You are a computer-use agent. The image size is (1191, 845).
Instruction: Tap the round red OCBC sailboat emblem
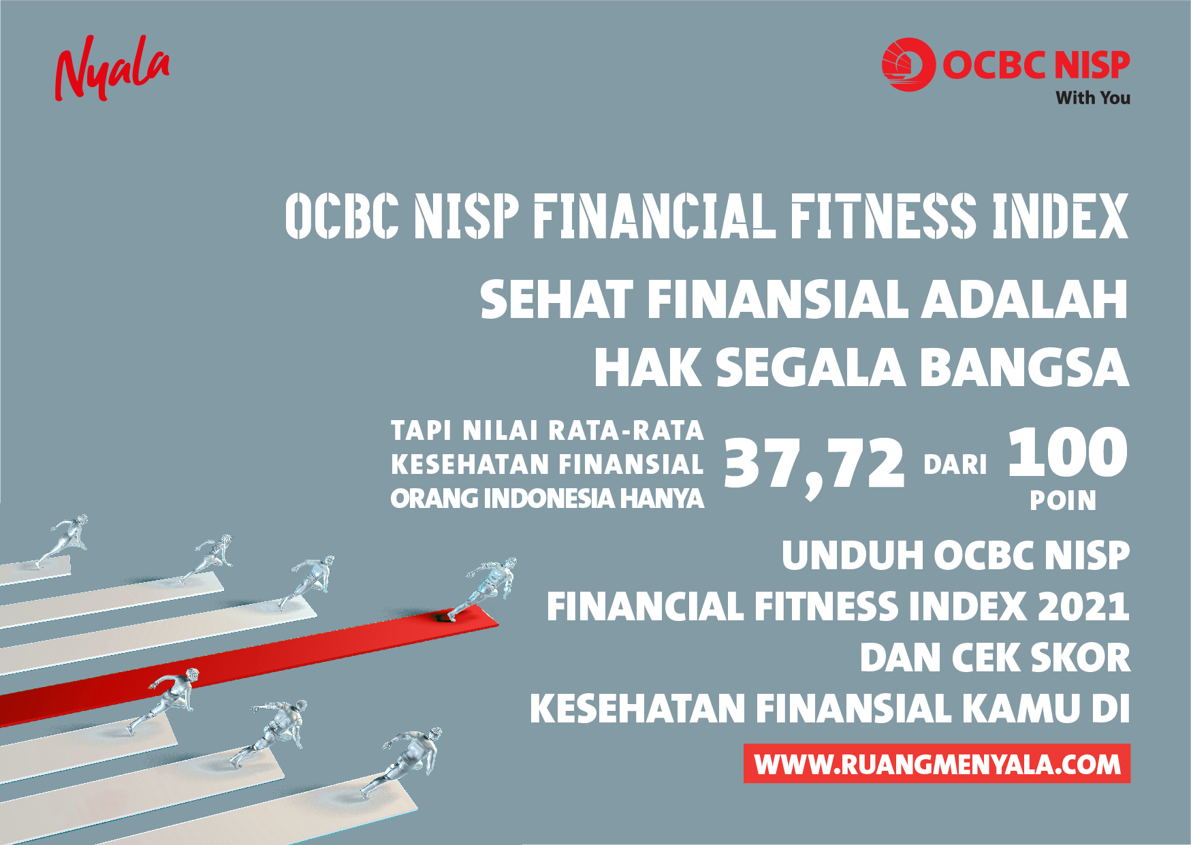click(x=908, y=65)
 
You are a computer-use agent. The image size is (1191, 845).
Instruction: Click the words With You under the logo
click(x=1093, y=98)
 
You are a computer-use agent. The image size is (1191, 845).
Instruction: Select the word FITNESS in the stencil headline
click(x=883, y=217)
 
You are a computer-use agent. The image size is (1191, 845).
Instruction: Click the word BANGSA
click(x=1024, y=368)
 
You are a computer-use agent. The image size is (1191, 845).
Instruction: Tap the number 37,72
click(x=814, y=464)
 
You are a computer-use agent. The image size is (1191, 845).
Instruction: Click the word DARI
click(x=955, y=465)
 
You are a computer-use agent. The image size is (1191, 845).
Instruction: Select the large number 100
click(x=1067, y=452)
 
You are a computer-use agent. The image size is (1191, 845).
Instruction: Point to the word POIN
click(x=1063, y=501)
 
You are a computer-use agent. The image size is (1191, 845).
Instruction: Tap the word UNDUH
click(x=853, y=556)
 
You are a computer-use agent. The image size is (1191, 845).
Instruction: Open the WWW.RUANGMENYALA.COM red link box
click(x=937, y=763)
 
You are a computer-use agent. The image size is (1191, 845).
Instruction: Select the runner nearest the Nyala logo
click(x=62, y=540)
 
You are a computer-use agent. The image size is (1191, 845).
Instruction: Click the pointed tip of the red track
click(x=498, y=622)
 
